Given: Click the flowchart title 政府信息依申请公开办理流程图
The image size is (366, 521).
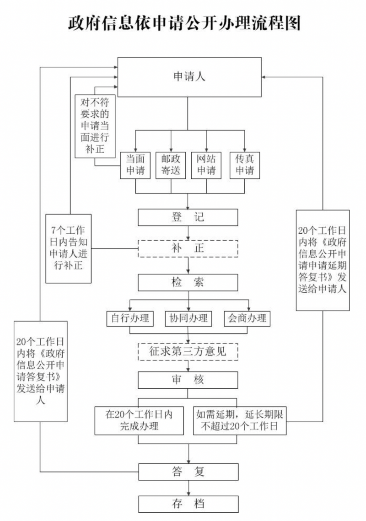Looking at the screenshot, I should point(184,22).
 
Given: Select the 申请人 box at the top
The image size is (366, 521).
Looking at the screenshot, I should point(189,77).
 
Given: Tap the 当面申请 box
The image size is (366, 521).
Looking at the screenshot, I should point(135,165).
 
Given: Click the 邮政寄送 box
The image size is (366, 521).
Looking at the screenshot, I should point(171,165).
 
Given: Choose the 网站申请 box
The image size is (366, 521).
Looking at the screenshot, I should point(206,165).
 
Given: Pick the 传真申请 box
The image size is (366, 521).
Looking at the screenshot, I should point(244,165).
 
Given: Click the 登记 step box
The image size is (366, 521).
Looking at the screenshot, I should point(188,217).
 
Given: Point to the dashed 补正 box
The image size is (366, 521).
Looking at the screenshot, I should point(188,248).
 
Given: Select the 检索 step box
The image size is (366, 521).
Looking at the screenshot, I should point(188,282).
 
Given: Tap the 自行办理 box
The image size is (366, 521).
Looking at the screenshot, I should point(130,318).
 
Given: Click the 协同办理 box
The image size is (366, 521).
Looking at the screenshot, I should point(188,318).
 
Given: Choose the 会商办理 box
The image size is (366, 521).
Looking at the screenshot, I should point(247,318).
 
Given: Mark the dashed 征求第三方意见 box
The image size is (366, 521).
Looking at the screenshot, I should point(188,352).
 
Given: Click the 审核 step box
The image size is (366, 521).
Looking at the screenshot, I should point(188,380).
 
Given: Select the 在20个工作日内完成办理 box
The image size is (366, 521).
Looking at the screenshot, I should point(139,420).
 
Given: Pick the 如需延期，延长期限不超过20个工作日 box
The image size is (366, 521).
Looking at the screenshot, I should point(240,420).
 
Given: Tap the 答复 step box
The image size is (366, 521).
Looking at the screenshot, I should point(188,472).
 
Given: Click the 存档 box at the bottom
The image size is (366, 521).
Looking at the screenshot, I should point(188,504).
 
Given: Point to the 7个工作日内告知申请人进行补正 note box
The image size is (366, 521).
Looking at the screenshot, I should point(69,248).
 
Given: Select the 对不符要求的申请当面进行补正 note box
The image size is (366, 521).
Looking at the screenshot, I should point(95,126).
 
